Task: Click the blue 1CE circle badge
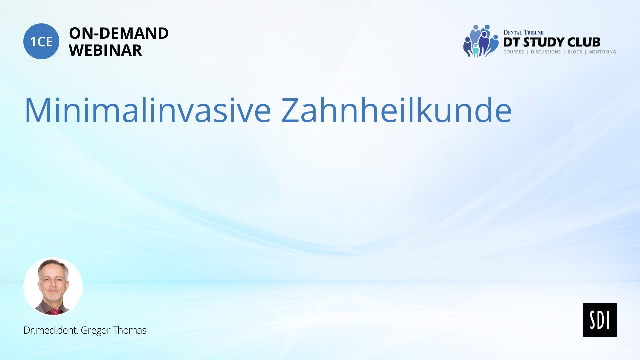(41, 41)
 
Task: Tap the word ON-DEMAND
(119, 33)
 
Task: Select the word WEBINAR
(105, 50)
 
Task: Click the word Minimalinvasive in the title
(148, 110)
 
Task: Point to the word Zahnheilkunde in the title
(396, 110)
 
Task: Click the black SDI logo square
(600, 320)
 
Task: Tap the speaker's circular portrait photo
(53, 286)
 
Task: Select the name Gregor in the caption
(95, 330)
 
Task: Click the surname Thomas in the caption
(129, 330)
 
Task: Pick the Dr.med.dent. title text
(51, 330)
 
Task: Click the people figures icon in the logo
(481, 41)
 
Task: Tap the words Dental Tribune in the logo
(523, 32)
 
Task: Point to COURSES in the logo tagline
(514, 52)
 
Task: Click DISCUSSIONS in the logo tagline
(546, 52)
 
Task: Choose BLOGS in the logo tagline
(575, 52)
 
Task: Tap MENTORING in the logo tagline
(602, 52)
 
